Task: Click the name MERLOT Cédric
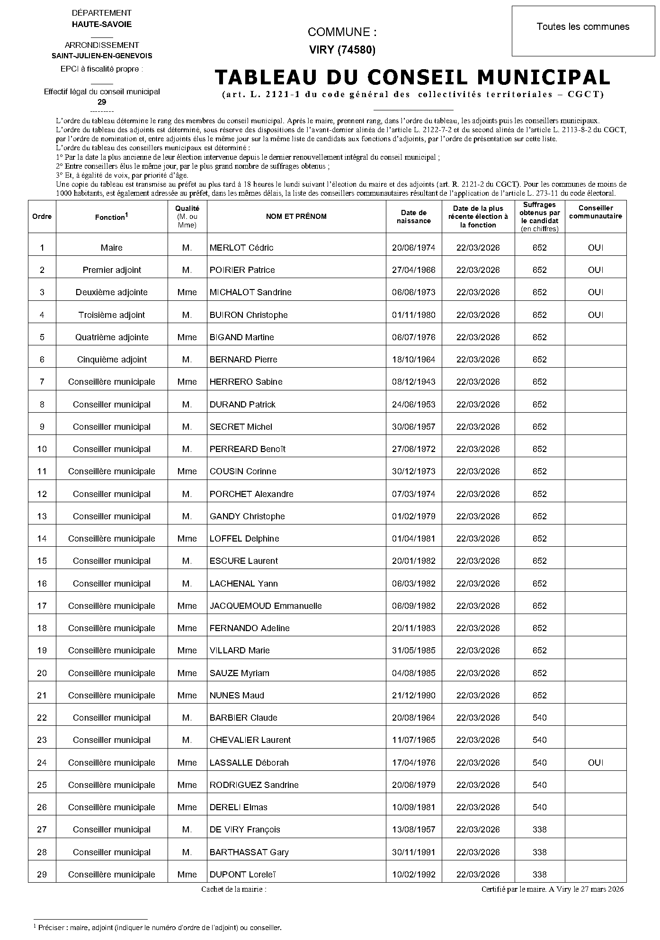[241, 248]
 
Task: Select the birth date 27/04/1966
[413, 270]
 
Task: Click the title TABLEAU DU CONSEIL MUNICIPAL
[412, 77]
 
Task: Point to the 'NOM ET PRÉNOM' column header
[296, 217]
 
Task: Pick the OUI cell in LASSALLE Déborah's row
[596, 763]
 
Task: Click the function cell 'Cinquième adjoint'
[112, 360]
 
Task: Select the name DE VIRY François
[245, 830]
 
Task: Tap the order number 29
[42, 875]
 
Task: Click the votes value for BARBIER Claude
[539, 718]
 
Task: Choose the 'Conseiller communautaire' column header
[596, 212]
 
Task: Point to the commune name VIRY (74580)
[342, 50]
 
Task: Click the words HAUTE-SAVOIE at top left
[102, 24]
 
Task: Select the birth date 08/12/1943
[413, 382]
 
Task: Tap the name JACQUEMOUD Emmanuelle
[266, 606]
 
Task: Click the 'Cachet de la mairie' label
[234, 889]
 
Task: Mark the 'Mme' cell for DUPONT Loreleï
[187, 875]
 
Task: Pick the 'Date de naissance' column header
[413, 217]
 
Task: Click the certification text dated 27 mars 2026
[553, 889]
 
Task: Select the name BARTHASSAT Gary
[249, 852]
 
